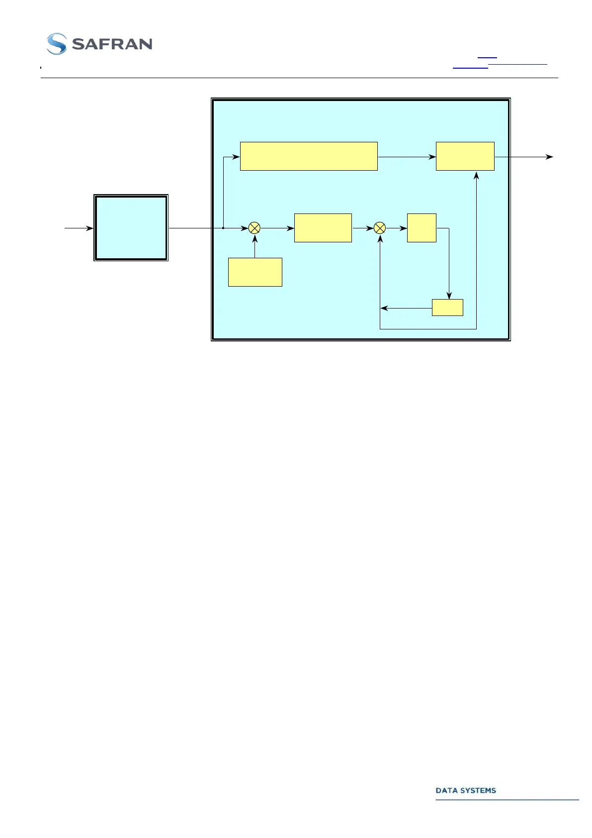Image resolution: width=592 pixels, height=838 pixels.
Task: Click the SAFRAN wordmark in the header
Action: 112,44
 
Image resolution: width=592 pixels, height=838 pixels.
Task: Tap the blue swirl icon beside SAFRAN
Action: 56,44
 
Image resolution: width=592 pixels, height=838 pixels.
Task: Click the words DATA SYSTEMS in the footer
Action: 465,790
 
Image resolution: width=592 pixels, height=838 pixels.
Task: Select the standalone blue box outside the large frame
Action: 131,228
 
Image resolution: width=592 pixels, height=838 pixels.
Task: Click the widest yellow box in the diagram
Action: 309,156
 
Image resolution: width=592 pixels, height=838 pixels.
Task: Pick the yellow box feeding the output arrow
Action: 465,156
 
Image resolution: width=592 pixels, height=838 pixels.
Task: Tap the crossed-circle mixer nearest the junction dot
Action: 254,228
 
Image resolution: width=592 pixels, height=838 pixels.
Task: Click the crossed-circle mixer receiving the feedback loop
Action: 379,228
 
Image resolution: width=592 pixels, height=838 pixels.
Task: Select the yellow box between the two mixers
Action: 323,228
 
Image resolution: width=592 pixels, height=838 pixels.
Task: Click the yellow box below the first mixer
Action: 255,272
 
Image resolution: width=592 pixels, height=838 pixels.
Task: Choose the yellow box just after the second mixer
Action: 422,228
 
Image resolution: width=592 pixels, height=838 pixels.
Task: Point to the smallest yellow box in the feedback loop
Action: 447,308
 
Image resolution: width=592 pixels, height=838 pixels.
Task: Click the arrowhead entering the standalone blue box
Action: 90,228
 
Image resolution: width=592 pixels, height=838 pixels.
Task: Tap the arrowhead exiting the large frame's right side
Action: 549,157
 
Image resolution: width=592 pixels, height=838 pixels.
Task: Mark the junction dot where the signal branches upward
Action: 223,228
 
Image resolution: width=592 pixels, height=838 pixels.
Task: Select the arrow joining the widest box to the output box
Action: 407,157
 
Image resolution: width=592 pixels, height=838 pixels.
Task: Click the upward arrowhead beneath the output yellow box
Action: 476,175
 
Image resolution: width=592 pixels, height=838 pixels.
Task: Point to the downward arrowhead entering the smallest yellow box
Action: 449,296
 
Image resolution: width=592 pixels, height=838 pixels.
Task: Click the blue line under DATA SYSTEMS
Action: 507,800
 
